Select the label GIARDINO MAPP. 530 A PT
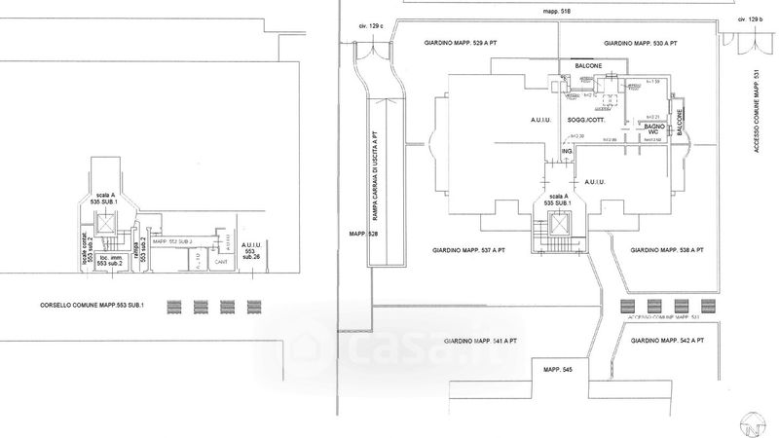tap(640, 44)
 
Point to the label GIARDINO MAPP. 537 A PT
tap(470, 250)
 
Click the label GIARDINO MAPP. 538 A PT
tap(667, 250)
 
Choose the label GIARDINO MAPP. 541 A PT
tap(480, 342)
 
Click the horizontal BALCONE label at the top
tap(588, 66)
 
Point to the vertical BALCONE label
tap(681, 120)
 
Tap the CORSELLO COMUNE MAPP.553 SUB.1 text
tap(86, 306)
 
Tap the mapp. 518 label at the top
tap(558, 11)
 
